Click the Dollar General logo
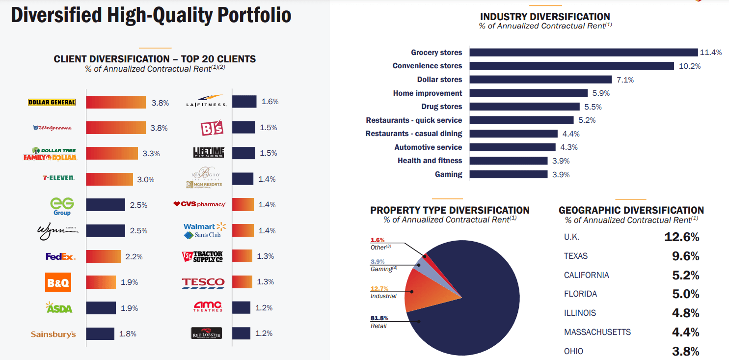(x=52, y=103)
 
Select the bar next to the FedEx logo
(x=103, y=256)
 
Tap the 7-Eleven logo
(x=58, y=178)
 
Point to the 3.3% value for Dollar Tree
(x=151, y=154)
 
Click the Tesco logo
(x=203, y=282)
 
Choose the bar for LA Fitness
(x=244, y=102)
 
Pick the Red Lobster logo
(x=206, y=333)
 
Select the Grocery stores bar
(x=583, y=53)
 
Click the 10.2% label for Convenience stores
(x=689, y=66)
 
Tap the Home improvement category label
(x=427, y=93)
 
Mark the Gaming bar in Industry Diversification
(x=508, y=174)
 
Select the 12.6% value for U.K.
(x=681, y=237)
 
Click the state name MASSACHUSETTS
(x=597, y=332)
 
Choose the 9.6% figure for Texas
(x=685, y=256)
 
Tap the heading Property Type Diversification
(x=450, y=210)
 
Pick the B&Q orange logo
(x=58, y=282)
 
